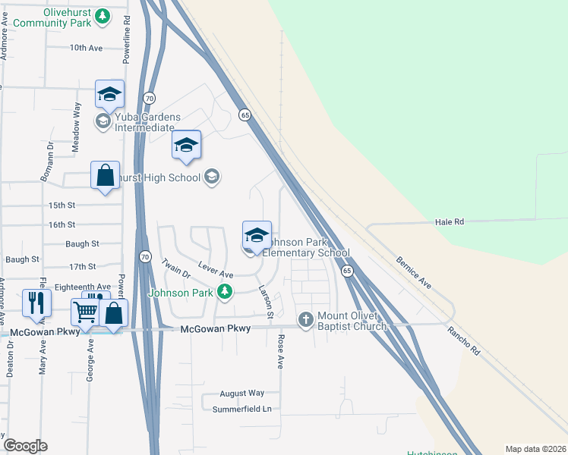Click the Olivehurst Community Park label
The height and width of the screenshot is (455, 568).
(51, 17)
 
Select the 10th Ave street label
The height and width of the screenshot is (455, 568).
(86, 48)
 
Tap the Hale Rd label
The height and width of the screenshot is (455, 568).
(449, 221)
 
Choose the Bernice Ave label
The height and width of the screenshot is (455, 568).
(413, 272)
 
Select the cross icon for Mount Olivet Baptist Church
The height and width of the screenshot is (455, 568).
(305, 319)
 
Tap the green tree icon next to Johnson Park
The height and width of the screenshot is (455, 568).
(224, 292)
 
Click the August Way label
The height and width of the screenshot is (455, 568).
(241, 394)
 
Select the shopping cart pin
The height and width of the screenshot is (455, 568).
(85, 310)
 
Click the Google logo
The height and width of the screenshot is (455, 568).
(25, 446)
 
